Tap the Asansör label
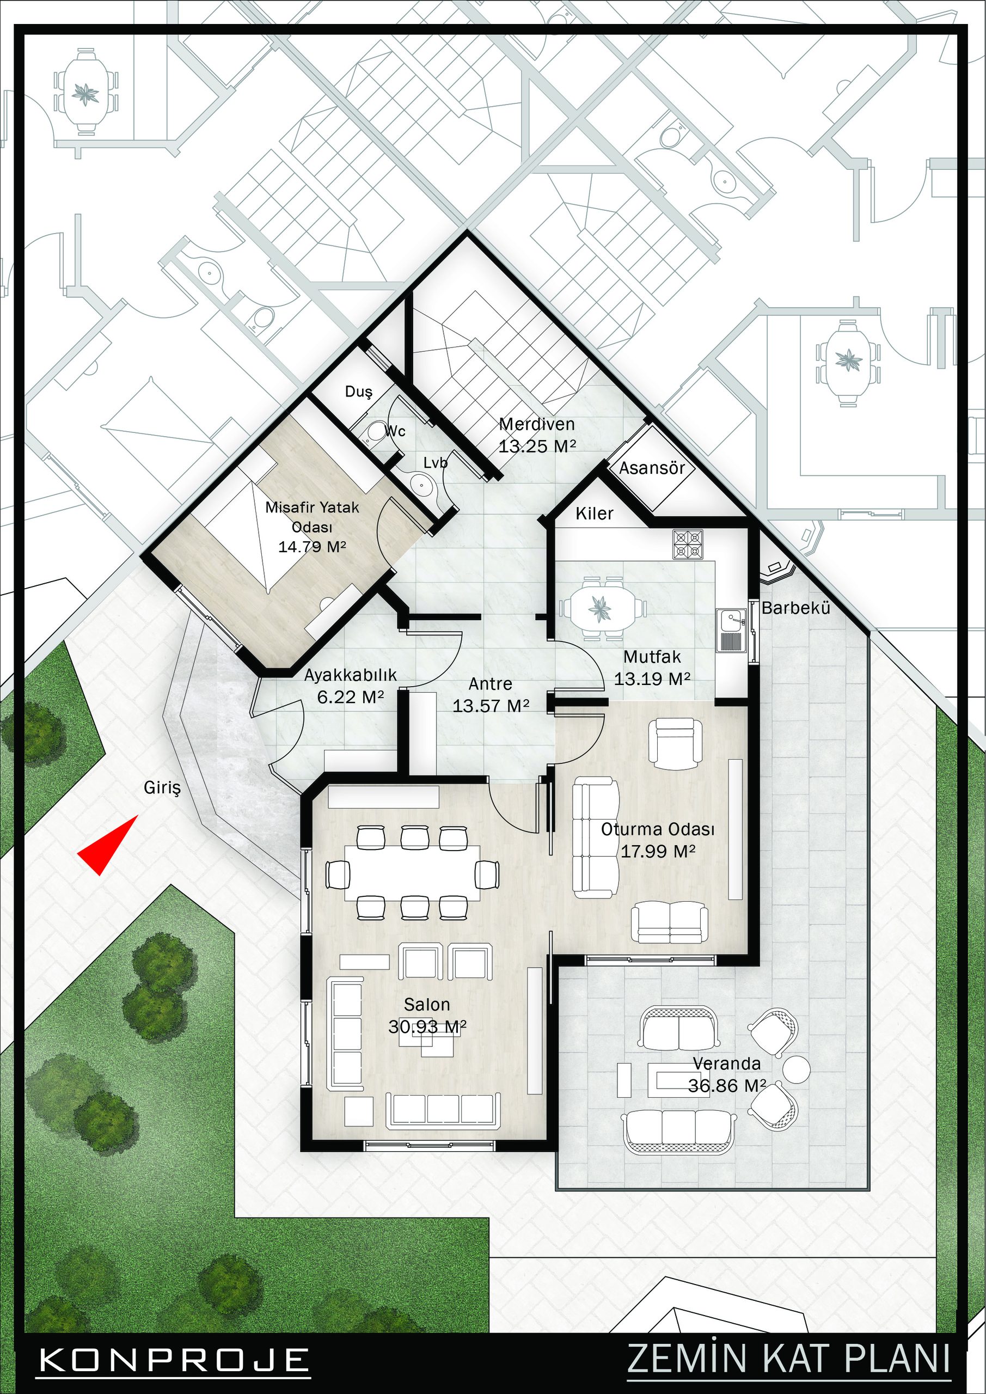[x=652, y=468]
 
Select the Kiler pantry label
[x=595, y=513]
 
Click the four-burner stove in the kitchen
[x=687, y=544]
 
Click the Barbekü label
[x=795, y=608]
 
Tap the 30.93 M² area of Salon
[x=427, y=1026]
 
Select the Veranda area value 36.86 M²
[x=726, y=1086]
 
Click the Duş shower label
[x=358, y=392]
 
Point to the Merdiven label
[x=537, y=424]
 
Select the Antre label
[x=491, y=683]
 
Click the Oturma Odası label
[x=658, y=829]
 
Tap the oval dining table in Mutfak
[x=602, y=606]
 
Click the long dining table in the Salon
[x=412, y=872]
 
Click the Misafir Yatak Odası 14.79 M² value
[x=312, y=546]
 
